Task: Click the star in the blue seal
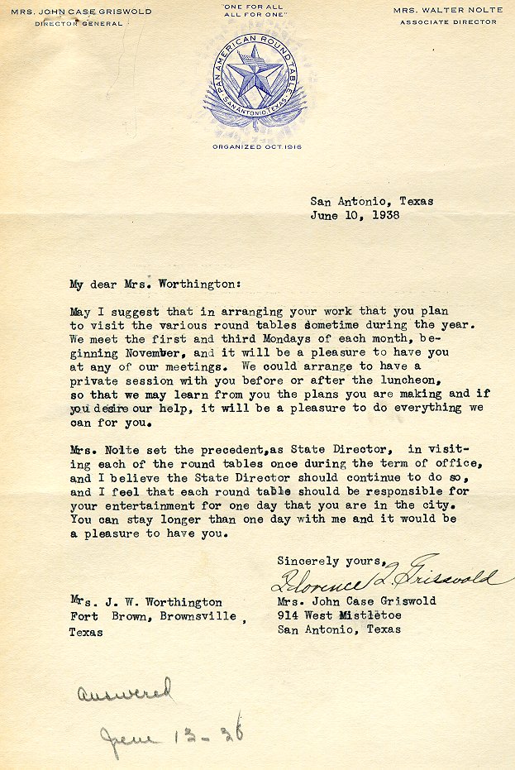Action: [255, 76]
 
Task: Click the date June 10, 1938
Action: [355, 215]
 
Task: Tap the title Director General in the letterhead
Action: [79, 23]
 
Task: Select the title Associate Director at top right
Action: [449, 22]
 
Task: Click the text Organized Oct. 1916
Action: [257, 146]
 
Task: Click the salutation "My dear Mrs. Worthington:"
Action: [155, 284]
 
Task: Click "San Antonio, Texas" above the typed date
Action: [372, 201]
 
